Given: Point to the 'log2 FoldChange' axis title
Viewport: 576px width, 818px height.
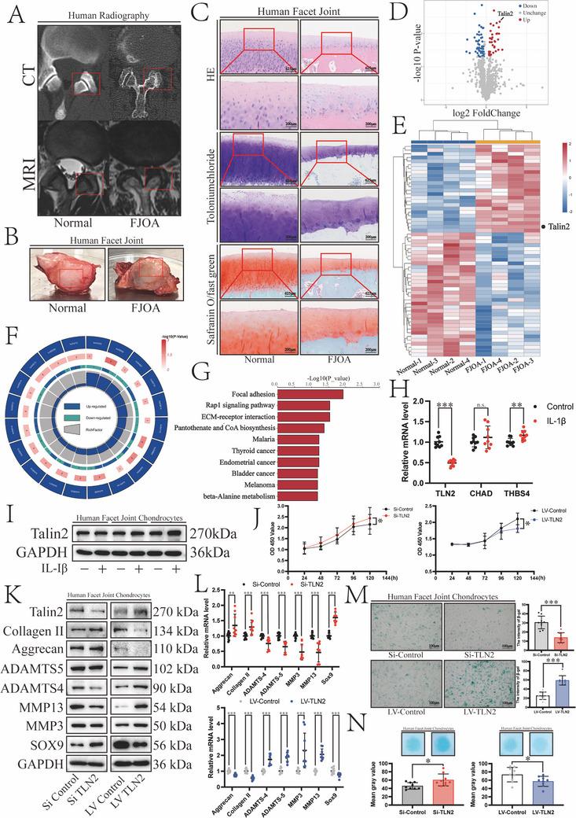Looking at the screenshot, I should pyautogui.click(x=485, y=113).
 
